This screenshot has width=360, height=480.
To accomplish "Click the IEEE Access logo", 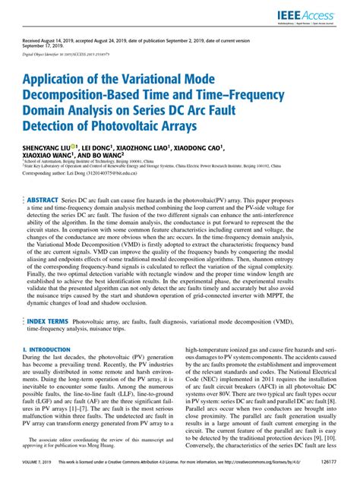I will pyautogui.click(x=323, y=15).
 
